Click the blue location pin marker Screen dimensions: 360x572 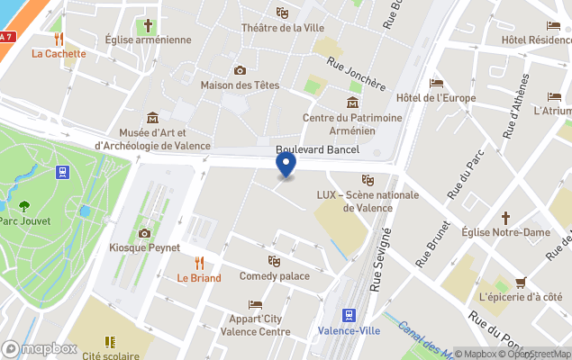(x=286, y=166)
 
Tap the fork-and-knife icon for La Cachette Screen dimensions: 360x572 (x=59, y=39)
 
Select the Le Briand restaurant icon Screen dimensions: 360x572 (x=199, y=263)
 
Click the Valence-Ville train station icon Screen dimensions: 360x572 (x=349, y=315)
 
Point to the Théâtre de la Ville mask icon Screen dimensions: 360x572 (x=282, y=13)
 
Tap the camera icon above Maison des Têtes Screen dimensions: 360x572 (x=240, y=70)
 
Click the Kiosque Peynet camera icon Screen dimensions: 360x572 (x=144, y=233)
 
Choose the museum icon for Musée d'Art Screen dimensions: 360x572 (x=152, y=118)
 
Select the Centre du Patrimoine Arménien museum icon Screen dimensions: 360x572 (x=350, y=102)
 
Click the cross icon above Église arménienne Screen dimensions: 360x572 (x=148, y=24)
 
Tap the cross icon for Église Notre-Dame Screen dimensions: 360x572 (x=505, y=217)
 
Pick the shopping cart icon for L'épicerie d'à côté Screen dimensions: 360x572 (x=521, y=282)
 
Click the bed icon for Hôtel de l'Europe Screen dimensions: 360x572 (x=437, y=83)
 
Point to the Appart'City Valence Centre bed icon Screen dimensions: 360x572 (x=255, y=304)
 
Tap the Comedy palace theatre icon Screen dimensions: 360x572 (x=274, y=261)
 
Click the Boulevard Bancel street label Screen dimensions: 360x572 (x=317, y=149)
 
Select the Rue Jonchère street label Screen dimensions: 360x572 (x=357, y=76)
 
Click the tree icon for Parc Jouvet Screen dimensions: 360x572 (x=24, y=206)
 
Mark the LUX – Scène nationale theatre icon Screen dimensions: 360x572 (x=368, y=180)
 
